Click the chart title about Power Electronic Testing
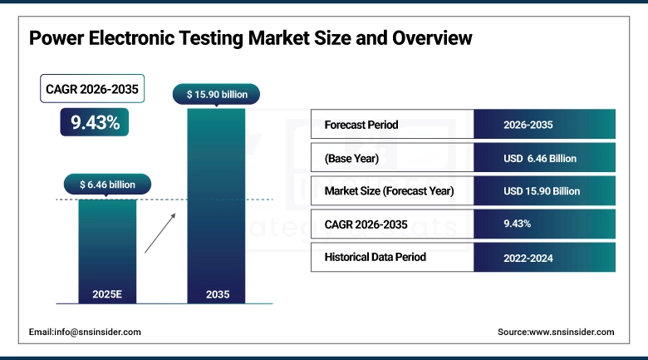250,38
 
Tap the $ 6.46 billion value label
107,184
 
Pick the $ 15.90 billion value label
216,95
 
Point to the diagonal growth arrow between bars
160,232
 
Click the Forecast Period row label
361,125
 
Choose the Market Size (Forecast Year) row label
390,190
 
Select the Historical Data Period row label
376,257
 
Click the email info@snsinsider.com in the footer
85,332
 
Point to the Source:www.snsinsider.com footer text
556,332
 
